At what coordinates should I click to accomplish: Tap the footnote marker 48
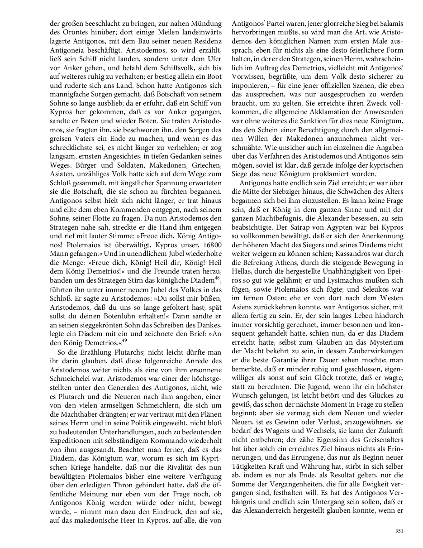[217, 277]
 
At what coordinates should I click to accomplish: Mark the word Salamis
[390, 23]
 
